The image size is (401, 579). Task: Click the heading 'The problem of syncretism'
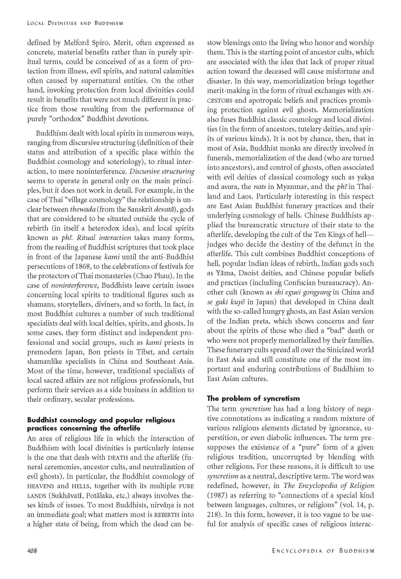(x=253, y=398)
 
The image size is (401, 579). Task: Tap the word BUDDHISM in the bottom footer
(x=357, y=551)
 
